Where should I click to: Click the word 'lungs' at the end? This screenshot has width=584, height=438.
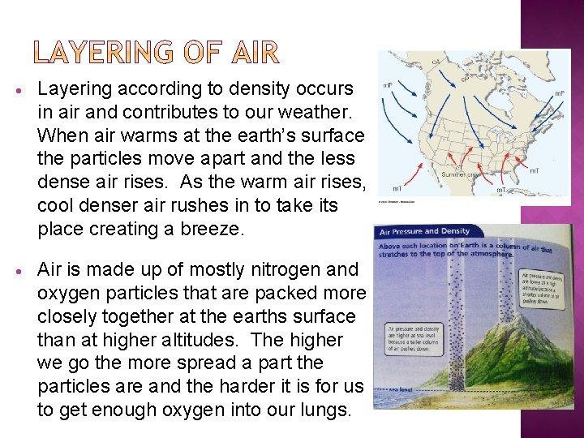tap(320, 410)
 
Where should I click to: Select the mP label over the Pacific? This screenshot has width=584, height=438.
tap(388, 84)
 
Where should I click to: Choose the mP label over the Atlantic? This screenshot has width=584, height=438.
tap(559, 93)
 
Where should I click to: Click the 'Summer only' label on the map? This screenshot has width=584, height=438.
tap(459, 173)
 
